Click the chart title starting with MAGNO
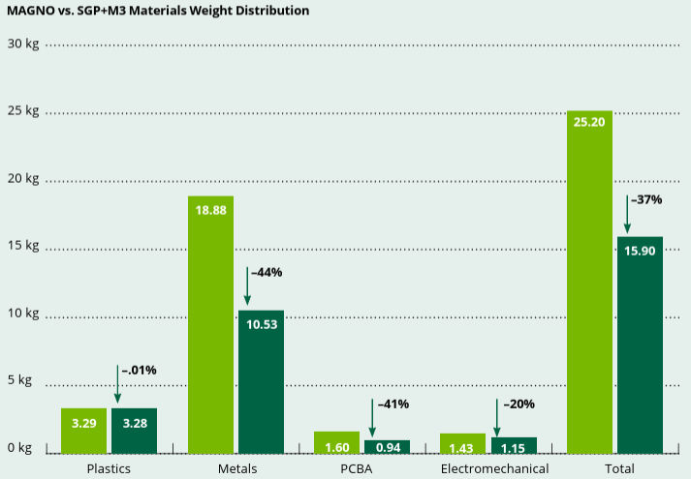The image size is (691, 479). click(x=158, y=12)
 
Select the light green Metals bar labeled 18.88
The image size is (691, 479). click(x=210, y=324)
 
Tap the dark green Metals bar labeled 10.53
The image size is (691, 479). click(x=261, y=381)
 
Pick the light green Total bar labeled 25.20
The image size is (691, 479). click(x=589, y=282)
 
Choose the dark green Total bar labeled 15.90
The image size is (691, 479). click(x=640, y=344)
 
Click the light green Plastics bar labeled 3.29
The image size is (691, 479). click(x=83, y=431)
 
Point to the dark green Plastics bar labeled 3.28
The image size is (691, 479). click(x=134, y=431)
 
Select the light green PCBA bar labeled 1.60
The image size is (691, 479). click(x=336, y=442)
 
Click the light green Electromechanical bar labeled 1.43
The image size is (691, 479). click(x=463, y=443)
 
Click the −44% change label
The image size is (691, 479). click(x=266, y=273)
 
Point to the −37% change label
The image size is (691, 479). click(x=645, y=200)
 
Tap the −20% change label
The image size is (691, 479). click(x=518, y=404)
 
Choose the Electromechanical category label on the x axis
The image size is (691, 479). click(x=494, y=468)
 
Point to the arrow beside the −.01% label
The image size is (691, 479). click(x=117, y=384)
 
